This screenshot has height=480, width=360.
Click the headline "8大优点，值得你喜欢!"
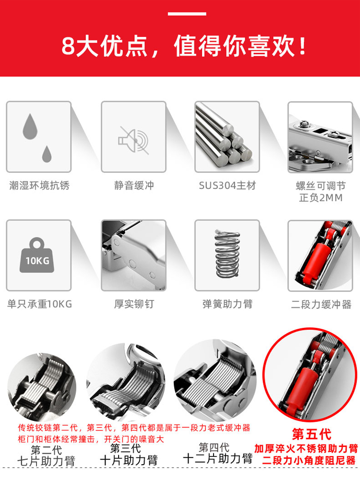(x=184, y=47)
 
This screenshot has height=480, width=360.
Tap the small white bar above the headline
(x=187, y=14)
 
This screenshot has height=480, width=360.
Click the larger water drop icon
(x=30, y=126)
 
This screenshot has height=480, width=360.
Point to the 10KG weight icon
(x=37, y=255)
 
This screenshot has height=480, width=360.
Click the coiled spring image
(x=227, y=254)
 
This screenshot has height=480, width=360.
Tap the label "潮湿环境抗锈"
(x=39, y=185)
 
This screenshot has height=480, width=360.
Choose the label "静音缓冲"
(x=134, y=185)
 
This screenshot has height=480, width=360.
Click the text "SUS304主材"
(x=227, y=185)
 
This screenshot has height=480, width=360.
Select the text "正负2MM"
(x=321, y=198)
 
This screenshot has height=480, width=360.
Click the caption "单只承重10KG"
(x=39, y=304)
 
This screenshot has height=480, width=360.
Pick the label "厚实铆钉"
(x=134, y=304)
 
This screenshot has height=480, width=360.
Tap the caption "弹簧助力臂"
(x=227, y=304)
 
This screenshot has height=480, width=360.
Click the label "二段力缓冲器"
(x=321, y=304)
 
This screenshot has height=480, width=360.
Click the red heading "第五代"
(x=312, y=434)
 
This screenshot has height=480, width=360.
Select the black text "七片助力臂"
(x=46, y=461)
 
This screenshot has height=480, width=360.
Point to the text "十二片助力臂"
(x=217, y=458)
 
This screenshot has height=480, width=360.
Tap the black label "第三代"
(x=125, y=448)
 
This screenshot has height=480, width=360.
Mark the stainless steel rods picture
(x=227, y=136)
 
